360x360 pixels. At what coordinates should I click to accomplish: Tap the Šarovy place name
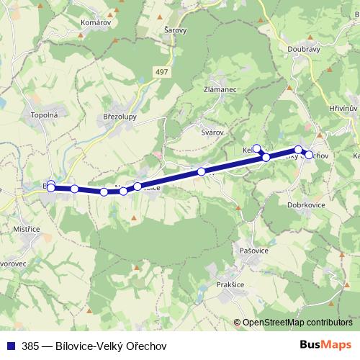click(x=175, y=30)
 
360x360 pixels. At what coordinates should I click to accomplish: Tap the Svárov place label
click(x=212, y=132)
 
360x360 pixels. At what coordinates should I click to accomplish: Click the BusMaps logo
click(x=325, y=345)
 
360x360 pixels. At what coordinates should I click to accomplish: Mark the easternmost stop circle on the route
click(x=309, y=155)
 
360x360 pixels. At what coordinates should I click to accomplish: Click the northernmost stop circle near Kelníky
click(x=257, y=148)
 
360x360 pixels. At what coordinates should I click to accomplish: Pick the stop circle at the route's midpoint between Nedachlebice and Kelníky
click(x=202, y=171)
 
